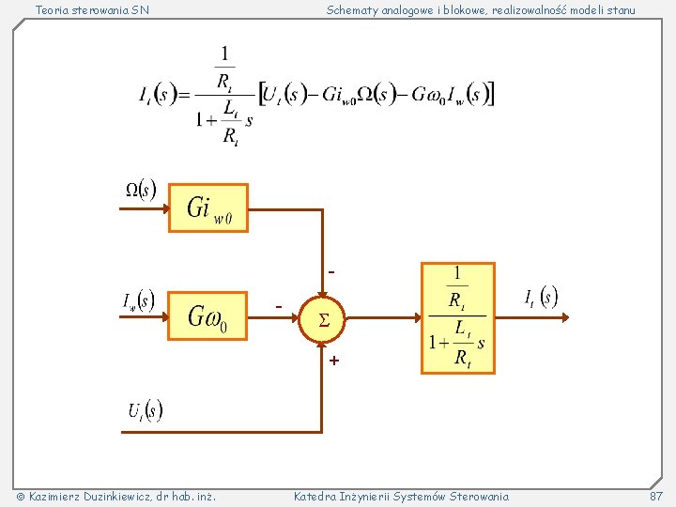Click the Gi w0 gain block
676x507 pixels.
pyautogui.click(x=208, y=207)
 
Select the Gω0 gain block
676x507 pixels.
pyautogui.click(x=207, y=316)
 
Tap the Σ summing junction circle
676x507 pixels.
pyautogui.click(x=322, y=319)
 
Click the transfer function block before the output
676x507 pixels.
pyautogui.click(x=458, y=318)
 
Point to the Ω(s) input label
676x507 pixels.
pyautogui.click(x=141, y=189)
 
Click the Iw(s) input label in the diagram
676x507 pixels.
pyautogui.click(x=138, y=300)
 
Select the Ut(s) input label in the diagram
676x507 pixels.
pyautogui.click(x=146, y=410)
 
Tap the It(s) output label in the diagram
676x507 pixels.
pyautogui.click(x=541, y=297)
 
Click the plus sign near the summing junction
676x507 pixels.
pyautogui.click(x=334, y=361)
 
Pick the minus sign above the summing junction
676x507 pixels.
pyautogui.click(x=331, y=272)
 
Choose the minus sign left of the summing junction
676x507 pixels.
pyautogui.click(x=279, y=306)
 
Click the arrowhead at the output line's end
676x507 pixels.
pyautogui.click(x=565, y=317)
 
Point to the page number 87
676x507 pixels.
pyautogui.click(x=655, y=497)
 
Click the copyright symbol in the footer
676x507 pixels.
pyautogui.click(x=21, y=497)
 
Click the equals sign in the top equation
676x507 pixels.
pyautogui.click(x=184, y=95)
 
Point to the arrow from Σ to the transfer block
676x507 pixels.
pyautogui.click(x=383, y=318)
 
